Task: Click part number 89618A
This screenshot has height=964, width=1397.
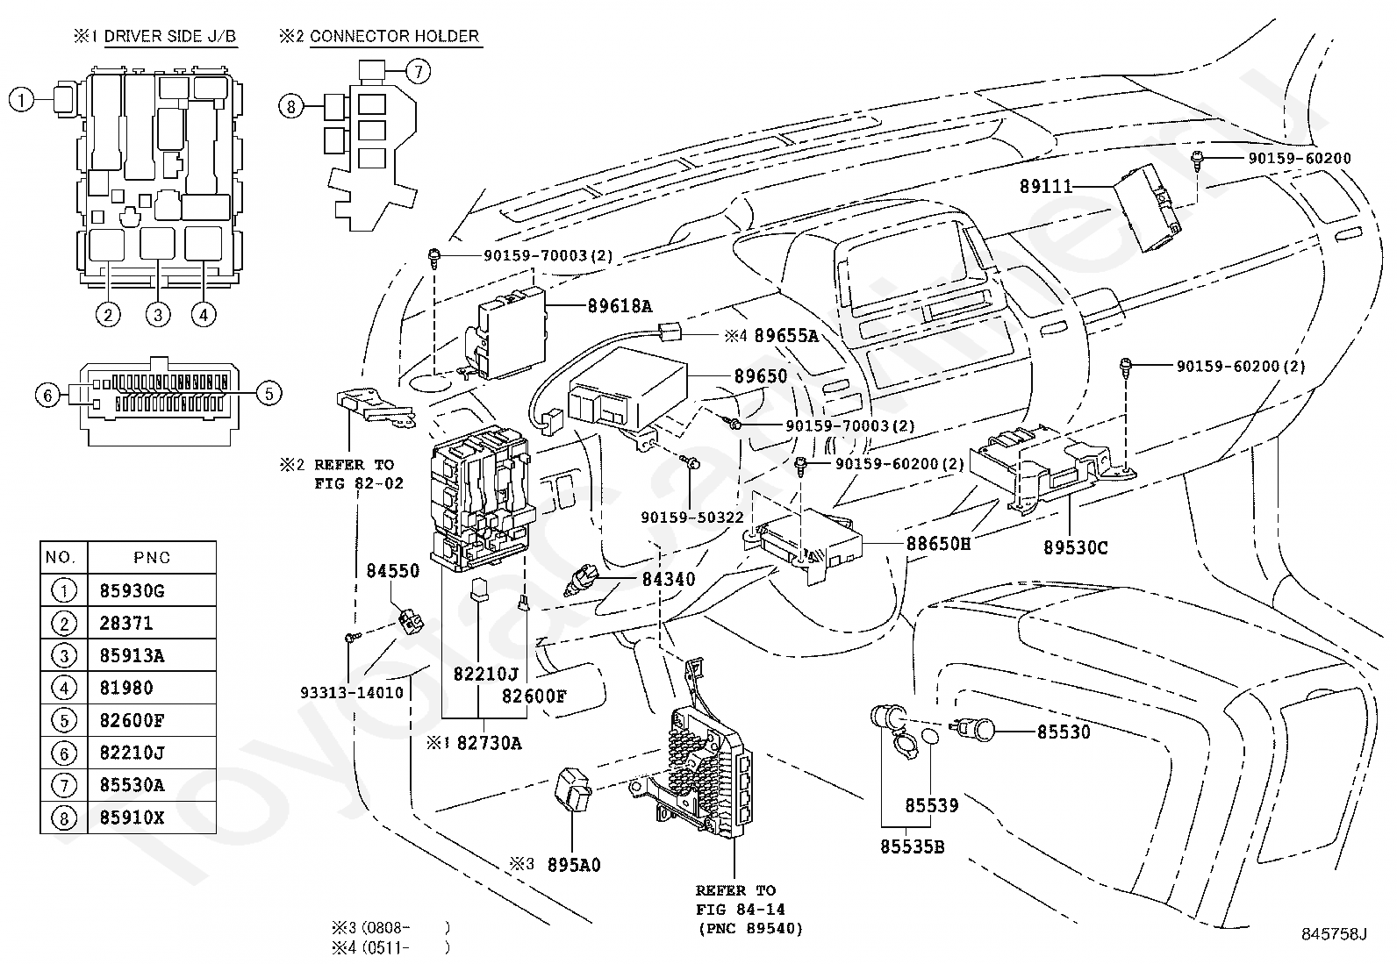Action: click(620, 306)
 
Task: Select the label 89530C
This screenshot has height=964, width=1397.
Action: click(1075, 548)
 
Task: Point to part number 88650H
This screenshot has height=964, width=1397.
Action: click(938, 544)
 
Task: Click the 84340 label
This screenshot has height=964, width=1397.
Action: click(668, 579)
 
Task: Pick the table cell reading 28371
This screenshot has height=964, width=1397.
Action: click(126, 623)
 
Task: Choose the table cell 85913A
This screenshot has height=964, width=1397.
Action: click(132, 655)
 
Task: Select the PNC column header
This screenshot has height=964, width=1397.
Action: click(152, 558)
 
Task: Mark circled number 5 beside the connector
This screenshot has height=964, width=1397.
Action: click(269, 393)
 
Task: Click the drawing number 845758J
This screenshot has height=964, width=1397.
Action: click(1333, 933)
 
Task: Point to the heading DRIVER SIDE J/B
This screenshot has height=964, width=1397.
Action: click(170, 37)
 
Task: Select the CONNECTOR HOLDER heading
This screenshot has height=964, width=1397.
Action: click(394, 37)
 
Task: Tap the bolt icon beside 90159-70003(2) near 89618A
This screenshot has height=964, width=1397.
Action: click(433, 255)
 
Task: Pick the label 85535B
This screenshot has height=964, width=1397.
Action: click(913, 847)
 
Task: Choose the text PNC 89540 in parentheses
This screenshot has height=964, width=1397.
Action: click(750, 929)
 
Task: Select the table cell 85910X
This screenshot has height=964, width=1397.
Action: click(132, 818)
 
